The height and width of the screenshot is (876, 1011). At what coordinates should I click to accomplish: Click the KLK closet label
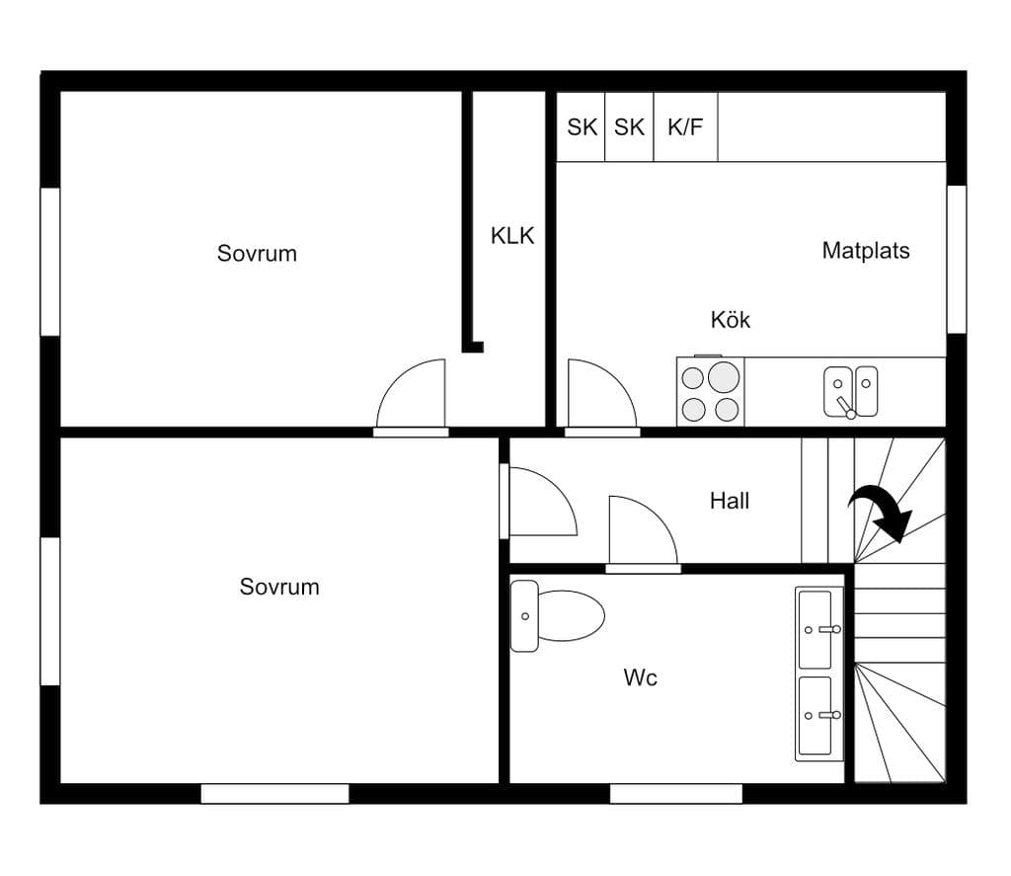pyautogui.click(x=512, y=236)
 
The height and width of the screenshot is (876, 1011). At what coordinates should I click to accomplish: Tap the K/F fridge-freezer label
pyautogui.click(x=685, y=127)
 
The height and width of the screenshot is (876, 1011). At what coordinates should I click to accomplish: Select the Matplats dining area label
pyautogui.click(x=866, y=250)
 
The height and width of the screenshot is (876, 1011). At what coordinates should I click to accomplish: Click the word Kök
pyautogui.click(x=731, y=319)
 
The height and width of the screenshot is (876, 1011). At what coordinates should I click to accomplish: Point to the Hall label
pyautogui.click(x=730, y=501)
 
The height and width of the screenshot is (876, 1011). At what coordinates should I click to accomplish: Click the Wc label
pyautogui.click(x=640, y=677)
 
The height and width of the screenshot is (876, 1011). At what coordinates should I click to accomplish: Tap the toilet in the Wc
pyautogui.click(x=557, y=616)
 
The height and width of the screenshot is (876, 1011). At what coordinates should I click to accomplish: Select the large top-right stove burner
pyautogui.click(x=724, y=377)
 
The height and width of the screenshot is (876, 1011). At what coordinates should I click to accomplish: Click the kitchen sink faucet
pyautogui.click(x=845, y=406)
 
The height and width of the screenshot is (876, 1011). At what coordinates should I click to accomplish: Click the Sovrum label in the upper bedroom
pyautogui.click(x=257, y=254)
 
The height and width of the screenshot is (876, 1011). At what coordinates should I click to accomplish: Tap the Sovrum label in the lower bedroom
pyautogui.click(x=279, y=587)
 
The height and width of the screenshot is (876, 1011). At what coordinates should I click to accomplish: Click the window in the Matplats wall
pyautogui.click(x=957, y=260)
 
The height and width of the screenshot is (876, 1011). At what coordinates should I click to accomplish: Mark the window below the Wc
pyautogui.click(x=675, y=794)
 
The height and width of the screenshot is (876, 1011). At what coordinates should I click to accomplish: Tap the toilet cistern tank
pyautogui.click(x=524, y=616)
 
